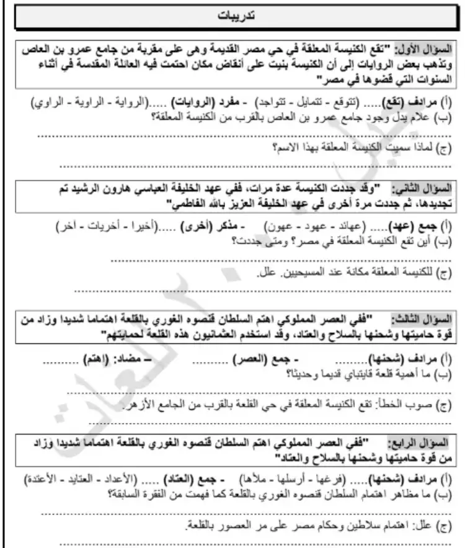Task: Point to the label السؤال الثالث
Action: coord(428,320)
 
